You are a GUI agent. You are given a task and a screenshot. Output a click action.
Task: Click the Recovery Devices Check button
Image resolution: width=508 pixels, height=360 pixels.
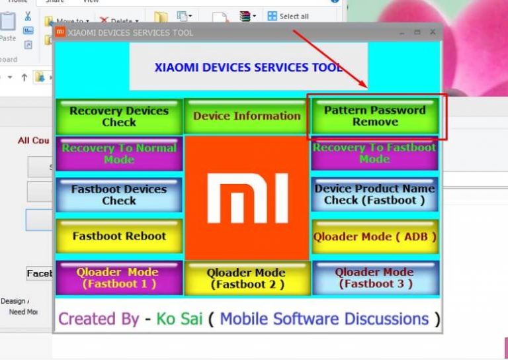pyautogui.click(x=119, y=116)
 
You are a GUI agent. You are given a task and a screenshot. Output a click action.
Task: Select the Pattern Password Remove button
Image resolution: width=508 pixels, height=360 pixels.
pyautogui.click(x=375, y=116)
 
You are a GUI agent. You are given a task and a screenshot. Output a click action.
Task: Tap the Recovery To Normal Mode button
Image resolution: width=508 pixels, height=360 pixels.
pyautogui.click(x=119, y=154)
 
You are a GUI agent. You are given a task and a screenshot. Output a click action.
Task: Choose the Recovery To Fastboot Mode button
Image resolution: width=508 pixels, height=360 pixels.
pyautogui.click(x=374, y=154)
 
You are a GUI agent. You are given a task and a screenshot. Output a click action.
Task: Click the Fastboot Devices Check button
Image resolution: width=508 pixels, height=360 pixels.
pyautogui.click(x=119, y=195)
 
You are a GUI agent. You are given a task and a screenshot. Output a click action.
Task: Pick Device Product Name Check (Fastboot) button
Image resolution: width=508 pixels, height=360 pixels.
pyautogui.click(x=374, y=194)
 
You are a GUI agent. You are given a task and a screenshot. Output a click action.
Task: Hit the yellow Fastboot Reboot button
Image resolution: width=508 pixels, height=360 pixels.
pyautogui.click(x=119, y=236)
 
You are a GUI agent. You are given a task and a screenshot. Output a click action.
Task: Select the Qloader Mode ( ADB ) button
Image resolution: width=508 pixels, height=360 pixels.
pyautogui.click(x=374, y=236)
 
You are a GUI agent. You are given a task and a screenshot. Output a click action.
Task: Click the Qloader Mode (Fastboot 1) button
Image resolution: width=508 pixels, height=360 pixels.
pyautogui.click(x=119, y=278)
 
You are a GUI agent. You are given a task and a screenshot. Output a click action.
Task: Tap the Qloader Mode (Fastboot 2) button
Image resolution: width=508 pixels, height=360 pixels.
pyautogui.click(x=246, y=278)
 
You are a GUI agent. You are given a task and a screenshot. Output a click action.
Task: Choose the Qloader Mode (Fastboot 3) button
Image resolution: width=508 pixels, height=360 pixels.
pyautogui.click(x=374, y=278)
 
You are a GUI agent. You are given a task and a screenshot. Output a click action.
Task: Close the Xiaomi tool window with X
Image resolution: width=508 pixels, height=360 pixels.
pyautogui.click(x=433, y=32)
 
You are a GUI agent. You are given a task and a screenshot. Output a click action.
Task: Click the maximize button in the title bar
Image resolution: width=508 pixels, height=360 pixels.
pyautogui.click(x=417, y=32)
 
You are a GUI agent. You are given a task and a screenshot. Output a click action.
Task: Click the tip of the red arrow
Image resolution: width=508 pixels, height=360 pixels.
pyautogui.click(x=366, y=87)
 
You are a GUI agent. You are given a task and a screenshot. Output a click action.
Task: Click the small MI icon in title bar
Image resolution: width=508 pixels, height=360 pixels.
pyautogui.click(x=60, y=32)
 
